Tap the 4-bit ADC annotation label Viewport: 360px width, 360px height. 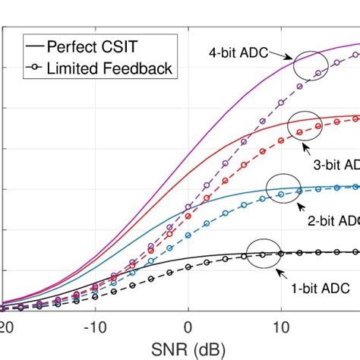238,53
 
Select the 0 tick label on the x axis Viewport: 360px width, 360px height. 188,325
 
